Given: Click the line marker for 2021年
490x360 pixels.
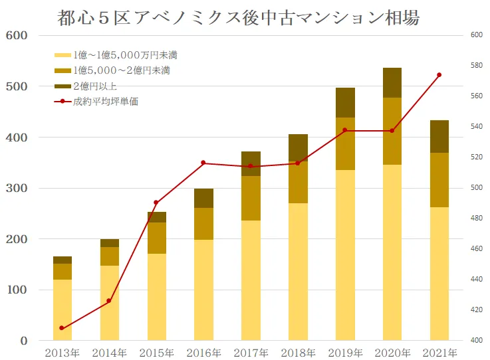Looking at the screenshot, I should (439, 75).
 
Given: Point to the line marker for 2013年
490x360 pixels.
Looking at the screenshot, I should (62, 328).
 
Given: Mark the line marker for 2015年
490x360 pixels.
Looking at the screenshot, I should (156, 203).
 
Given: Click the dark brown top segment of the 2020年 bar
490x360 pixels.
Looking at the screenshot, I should (392, 82).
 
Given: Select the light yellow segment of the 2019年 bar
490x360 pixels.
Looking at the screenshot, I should (344, 255).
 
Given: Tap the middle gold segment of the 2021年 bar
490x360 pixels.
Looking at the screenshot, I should (439, 180).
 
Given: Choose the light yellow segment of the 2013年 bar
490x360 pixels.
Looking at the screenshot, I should (62, 310).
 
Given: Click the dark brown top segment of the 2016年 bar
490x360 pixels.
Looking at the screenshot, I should (203, 198).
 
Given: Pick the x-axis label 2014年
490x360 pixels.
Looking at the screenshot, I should (109, 352).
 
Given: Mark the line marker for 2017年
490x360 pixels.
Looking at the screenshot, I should (251, 166).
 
